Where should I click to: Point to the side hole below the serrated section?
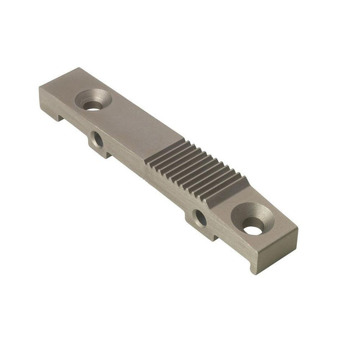pos(200,218)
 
